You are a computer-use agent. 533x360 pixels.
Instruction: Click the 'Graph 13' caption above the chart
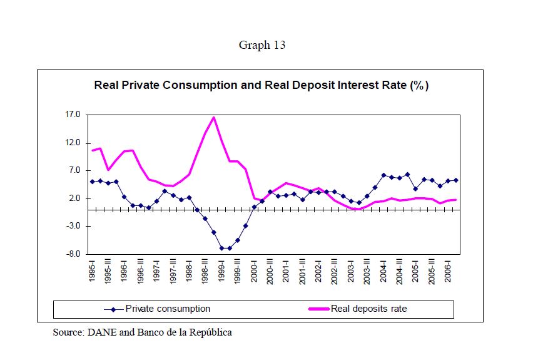262,45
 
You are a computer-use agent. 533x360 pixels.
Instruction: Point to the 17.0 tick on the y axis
73,115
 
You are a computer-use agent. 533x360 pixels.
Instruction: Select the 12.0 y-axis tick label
73,143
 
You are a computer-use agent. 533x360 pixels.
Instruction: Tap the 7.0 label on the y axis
75,170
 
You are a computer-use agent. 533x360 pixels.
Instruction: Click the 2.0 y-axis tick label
75,198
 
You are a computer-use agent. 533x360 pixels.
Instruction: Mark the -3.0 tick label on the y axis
74,226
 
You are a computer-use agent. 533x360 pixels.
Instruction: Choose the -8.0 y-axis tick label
74,254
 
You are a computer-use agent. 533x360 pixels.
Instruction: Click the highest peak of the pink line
213,117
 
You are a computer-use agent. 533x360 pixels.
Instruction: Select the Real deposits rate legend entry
360,309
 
